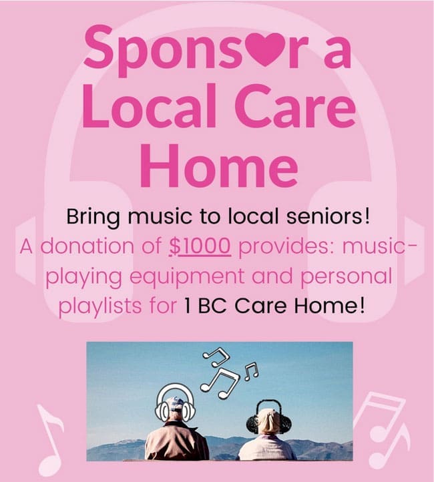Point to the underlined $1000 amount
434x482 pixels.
click(x=200, y=246)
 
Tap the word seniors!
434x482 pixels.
click(x=328, y=217)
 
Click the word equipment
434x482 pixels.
click(x=187, y=276)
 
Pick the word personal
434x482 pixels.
click(x=347, y=276)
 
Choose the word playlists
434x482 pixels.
click(x=100, y=306)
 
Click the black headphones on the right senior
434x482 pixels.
click(x=269, y=417)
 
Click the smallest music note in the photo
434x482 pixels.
click(x=251, y=372)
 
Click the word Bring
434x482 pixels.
click(x=93, y=218)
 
